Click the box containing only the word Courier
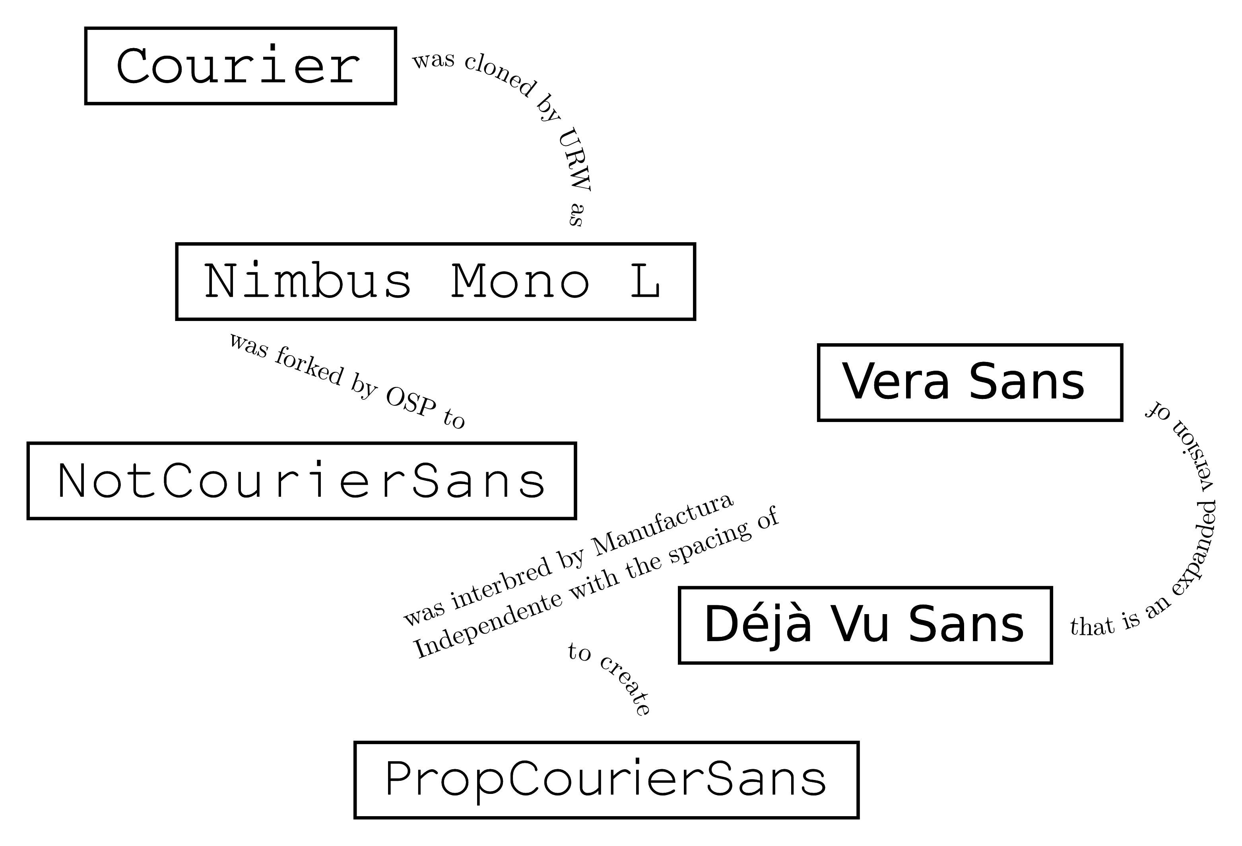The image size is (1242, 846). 240,66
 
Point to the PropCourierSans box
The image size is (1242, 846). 606,780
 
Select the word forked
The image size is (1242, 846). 309,366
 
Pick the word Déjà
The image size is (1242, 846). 758,624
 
